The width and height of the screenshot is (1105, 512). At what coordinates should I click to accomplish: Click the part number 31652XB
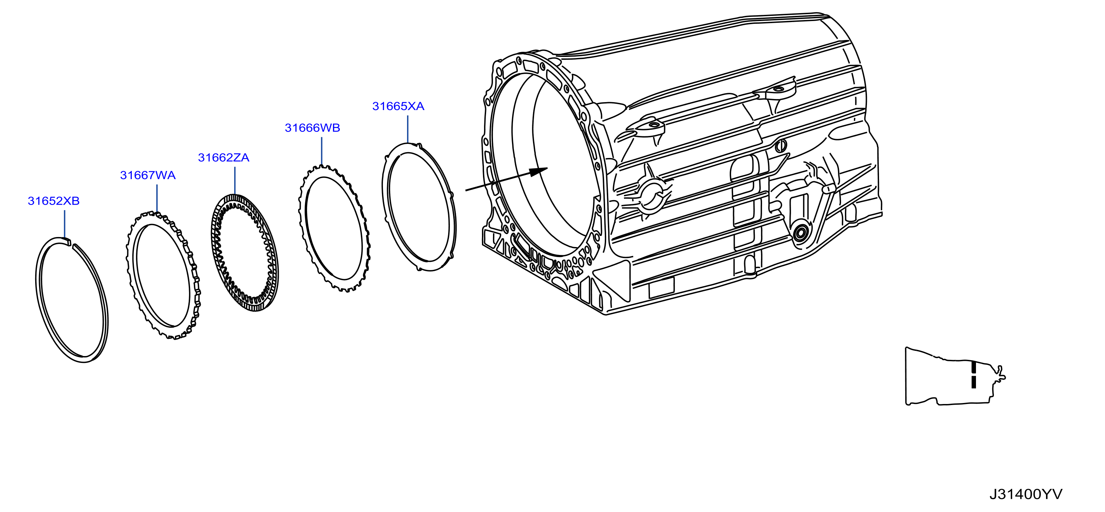[53, 201]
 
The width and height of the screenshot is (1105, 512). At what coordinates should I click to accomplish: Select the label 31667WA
[148, 175]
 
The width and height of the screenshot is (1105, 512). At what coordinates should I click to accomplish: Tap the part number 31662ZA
[224, 158]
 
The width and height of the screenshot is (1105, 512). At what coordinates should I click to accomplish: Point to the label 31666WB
[312, 128]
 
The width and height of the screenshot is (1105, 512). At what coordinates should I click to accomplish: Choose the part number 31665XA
[398, 106]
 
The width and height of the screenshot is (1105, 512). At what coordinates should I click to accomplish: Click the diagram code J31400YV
[1026, 494]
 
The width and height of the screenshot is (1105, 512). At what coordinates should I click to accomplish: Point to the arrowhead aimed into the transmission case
[538, 171]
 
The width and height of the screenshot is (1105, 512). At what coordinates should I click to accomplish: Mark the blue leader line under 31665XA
[407, 129]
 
